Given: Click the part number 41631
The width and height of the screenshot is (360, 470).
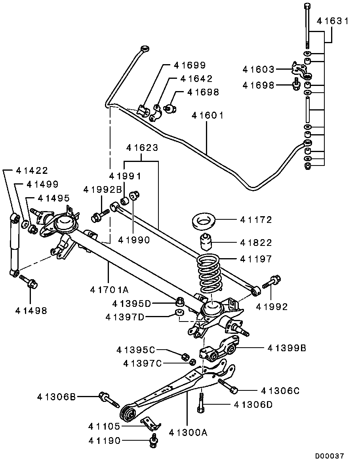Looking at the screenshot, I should pyautogui.click(x=332, y=21).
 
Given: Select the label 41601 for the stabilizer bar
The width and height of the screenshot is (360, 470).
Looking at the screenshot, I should pyautogui.click(x=208, y=115).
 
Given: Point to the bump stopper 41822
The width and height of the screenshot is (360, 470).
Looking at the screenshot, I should pyautogui.click(x=206, y=242).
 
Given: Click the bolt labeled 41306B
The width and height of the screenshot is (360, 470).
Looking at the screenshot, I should pyautogui.click(x=109, y=398).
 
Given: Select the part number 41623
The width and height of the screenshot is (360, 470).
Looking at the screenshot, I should pyautogui.click(x=142, y=148).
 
